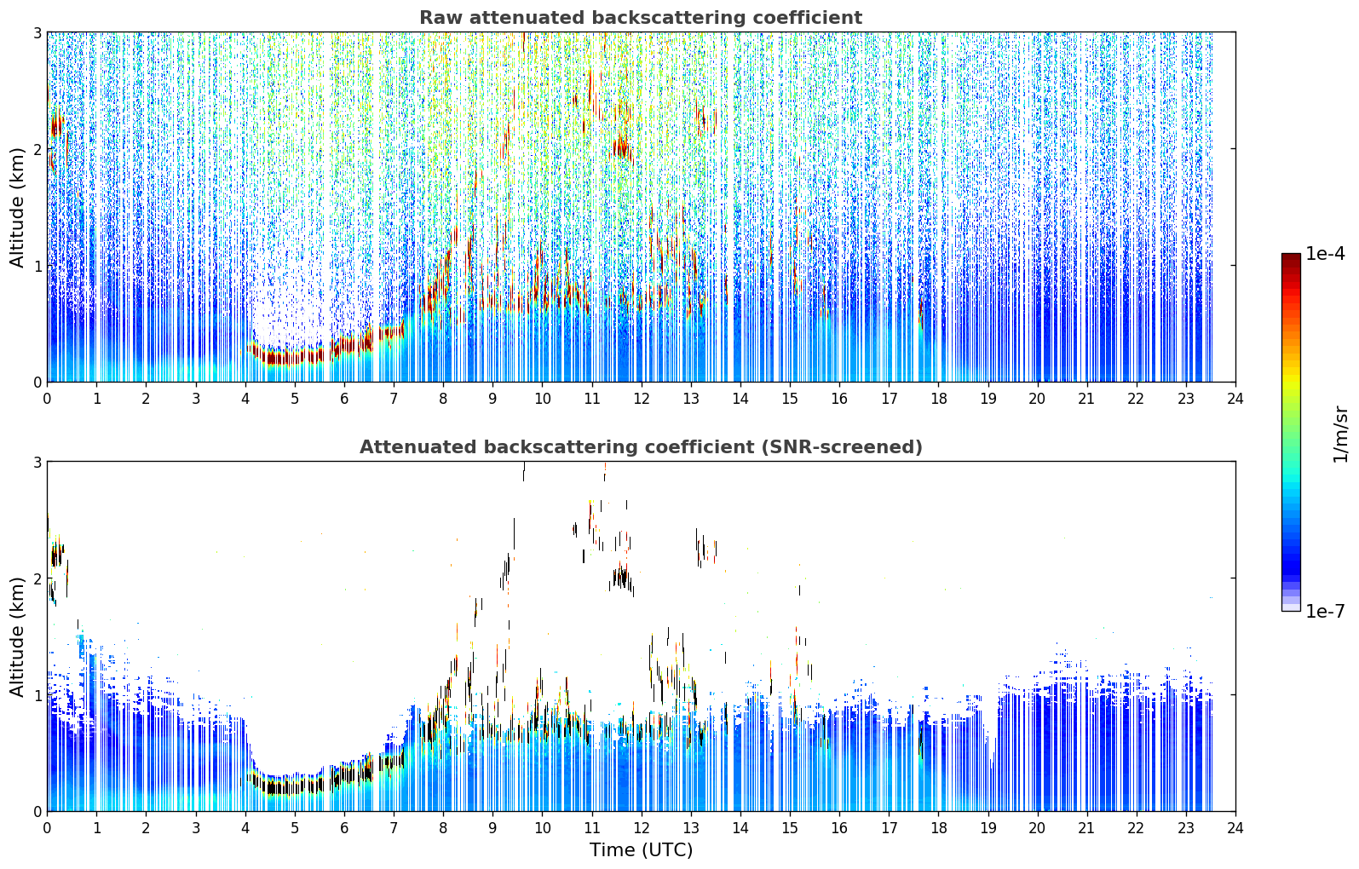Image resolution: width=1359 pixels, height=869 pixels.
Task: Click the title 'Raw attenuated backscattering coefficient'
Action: pyautogui.click(x=641, y=18)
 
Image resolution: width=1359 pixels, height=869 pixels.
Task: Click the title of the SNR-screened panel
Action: pyautogui.click(x=641, y=447)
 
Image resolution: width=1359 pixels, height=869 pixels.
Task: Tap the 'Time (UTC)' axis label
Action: pyautogui.click(x=641, y=849)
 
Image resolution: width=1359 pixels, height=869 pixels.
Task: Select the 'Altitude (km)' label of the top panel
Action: pyautogui.click(x=17, y=208)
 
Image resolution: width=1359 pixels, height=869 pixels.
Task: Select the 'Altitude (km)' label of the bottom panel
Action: pyautogui.click(x=17, y=636)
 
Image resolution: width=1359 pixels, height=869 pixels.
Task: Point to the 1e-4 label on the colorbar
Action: pyautogui.click(x=1325, y=254)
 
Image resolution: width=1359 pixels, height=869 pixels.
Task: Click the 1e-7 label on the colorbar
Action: pyautogui.click(x=1325, y=611)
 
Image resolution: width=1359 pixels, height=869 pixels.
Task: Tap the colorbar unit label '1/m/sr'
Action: pyautogui.click(x=1340, y=434)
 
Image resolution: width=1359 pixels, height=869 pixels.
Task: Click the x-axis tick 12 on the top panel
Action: pyautogui.click(x=642, y=399)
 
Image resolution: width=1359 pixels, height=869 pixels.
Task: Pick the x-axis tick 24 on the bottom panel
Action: pyautogui.click(x=1235, y=828)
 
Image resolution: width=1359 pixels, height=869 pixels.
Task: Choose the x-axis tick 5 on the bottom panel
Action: pyautogui.click(x=295, y=828)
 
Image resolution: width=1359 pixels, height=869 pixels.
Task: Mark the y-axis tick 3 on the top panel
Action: pyautogui.click(x=37, y=32)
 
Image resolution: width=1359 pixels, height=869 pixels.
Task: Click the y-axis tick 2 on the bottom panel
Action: pyautogui.click(x=37, y=578)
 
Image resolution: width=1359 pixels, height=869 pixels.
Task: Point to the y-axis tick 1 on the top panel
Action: pyautogui.click(x=37, y=266)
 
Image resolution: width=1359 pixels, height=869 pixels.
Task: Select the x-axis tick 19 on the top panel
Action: pyautogui.click(x=988, y=399)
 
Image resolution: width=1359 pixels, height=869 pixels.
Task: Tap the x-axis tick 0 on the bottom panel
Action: pyautogui.click(x=48, y=828)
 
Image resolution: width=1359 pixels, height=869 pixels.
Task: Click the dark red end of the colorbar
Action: pyautogui.click(x=1291, y=257)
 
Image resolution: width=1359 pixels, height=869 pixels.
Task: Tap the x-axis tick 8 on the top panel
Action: pyautogui.click(x=444, y=399)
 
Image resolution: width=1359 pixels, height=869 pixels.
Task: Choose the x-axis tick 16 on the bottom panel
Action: pyautogui.click(x=839, y=828)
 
